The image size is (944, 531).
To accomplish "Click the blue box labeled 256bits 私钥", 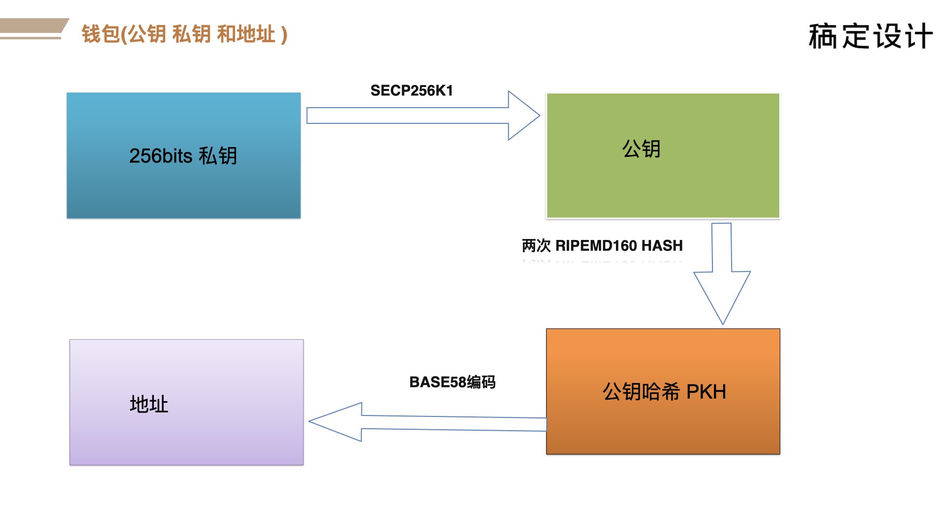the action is coord(183,155).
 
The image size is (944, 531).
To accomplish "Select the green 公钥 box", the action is coord(663,155).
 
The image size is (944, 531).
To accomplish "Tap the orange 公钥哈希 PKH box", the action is coord(663,391).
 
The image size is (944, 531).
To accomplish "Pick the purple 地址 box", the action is coord(186,402).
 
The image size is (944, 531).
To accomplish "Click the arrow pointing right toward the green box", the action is coord(423,116).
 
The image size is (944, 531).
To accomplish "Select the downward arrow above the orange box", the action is coord(722,273).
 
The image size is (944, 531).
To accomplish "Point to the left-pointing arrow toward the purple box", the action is coord(427,422).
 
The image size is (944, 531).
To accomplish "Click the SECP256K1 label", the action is coord(412,90).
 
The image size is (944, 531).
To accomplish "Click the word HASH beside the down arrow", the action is coord(662,245).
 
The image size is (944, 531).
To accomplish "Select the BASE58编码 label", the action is coord(452,382).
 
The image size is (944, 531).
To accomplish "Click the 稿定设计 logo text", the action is coord(870,36).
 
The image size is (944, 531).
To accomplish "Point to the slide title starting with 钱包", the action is coord(184,34).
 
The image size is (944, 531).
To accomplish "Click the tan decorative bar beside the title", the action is coord(33,29).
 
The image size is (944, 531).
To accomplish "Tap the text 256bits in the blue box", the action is coord(161,156).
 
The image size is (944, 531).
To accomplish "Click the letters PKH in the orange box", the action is coord(706,392).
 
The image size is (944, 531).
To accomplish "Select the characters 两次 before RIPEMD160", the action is coord(536,245).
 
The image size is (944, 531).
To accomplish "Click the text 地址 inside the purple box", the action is coord(149,404).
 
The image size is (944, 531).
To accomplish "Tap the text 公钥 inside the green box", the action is coord(641,148).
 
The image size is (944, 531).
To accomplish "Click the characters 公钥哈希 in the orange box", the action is coord(641,392).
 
